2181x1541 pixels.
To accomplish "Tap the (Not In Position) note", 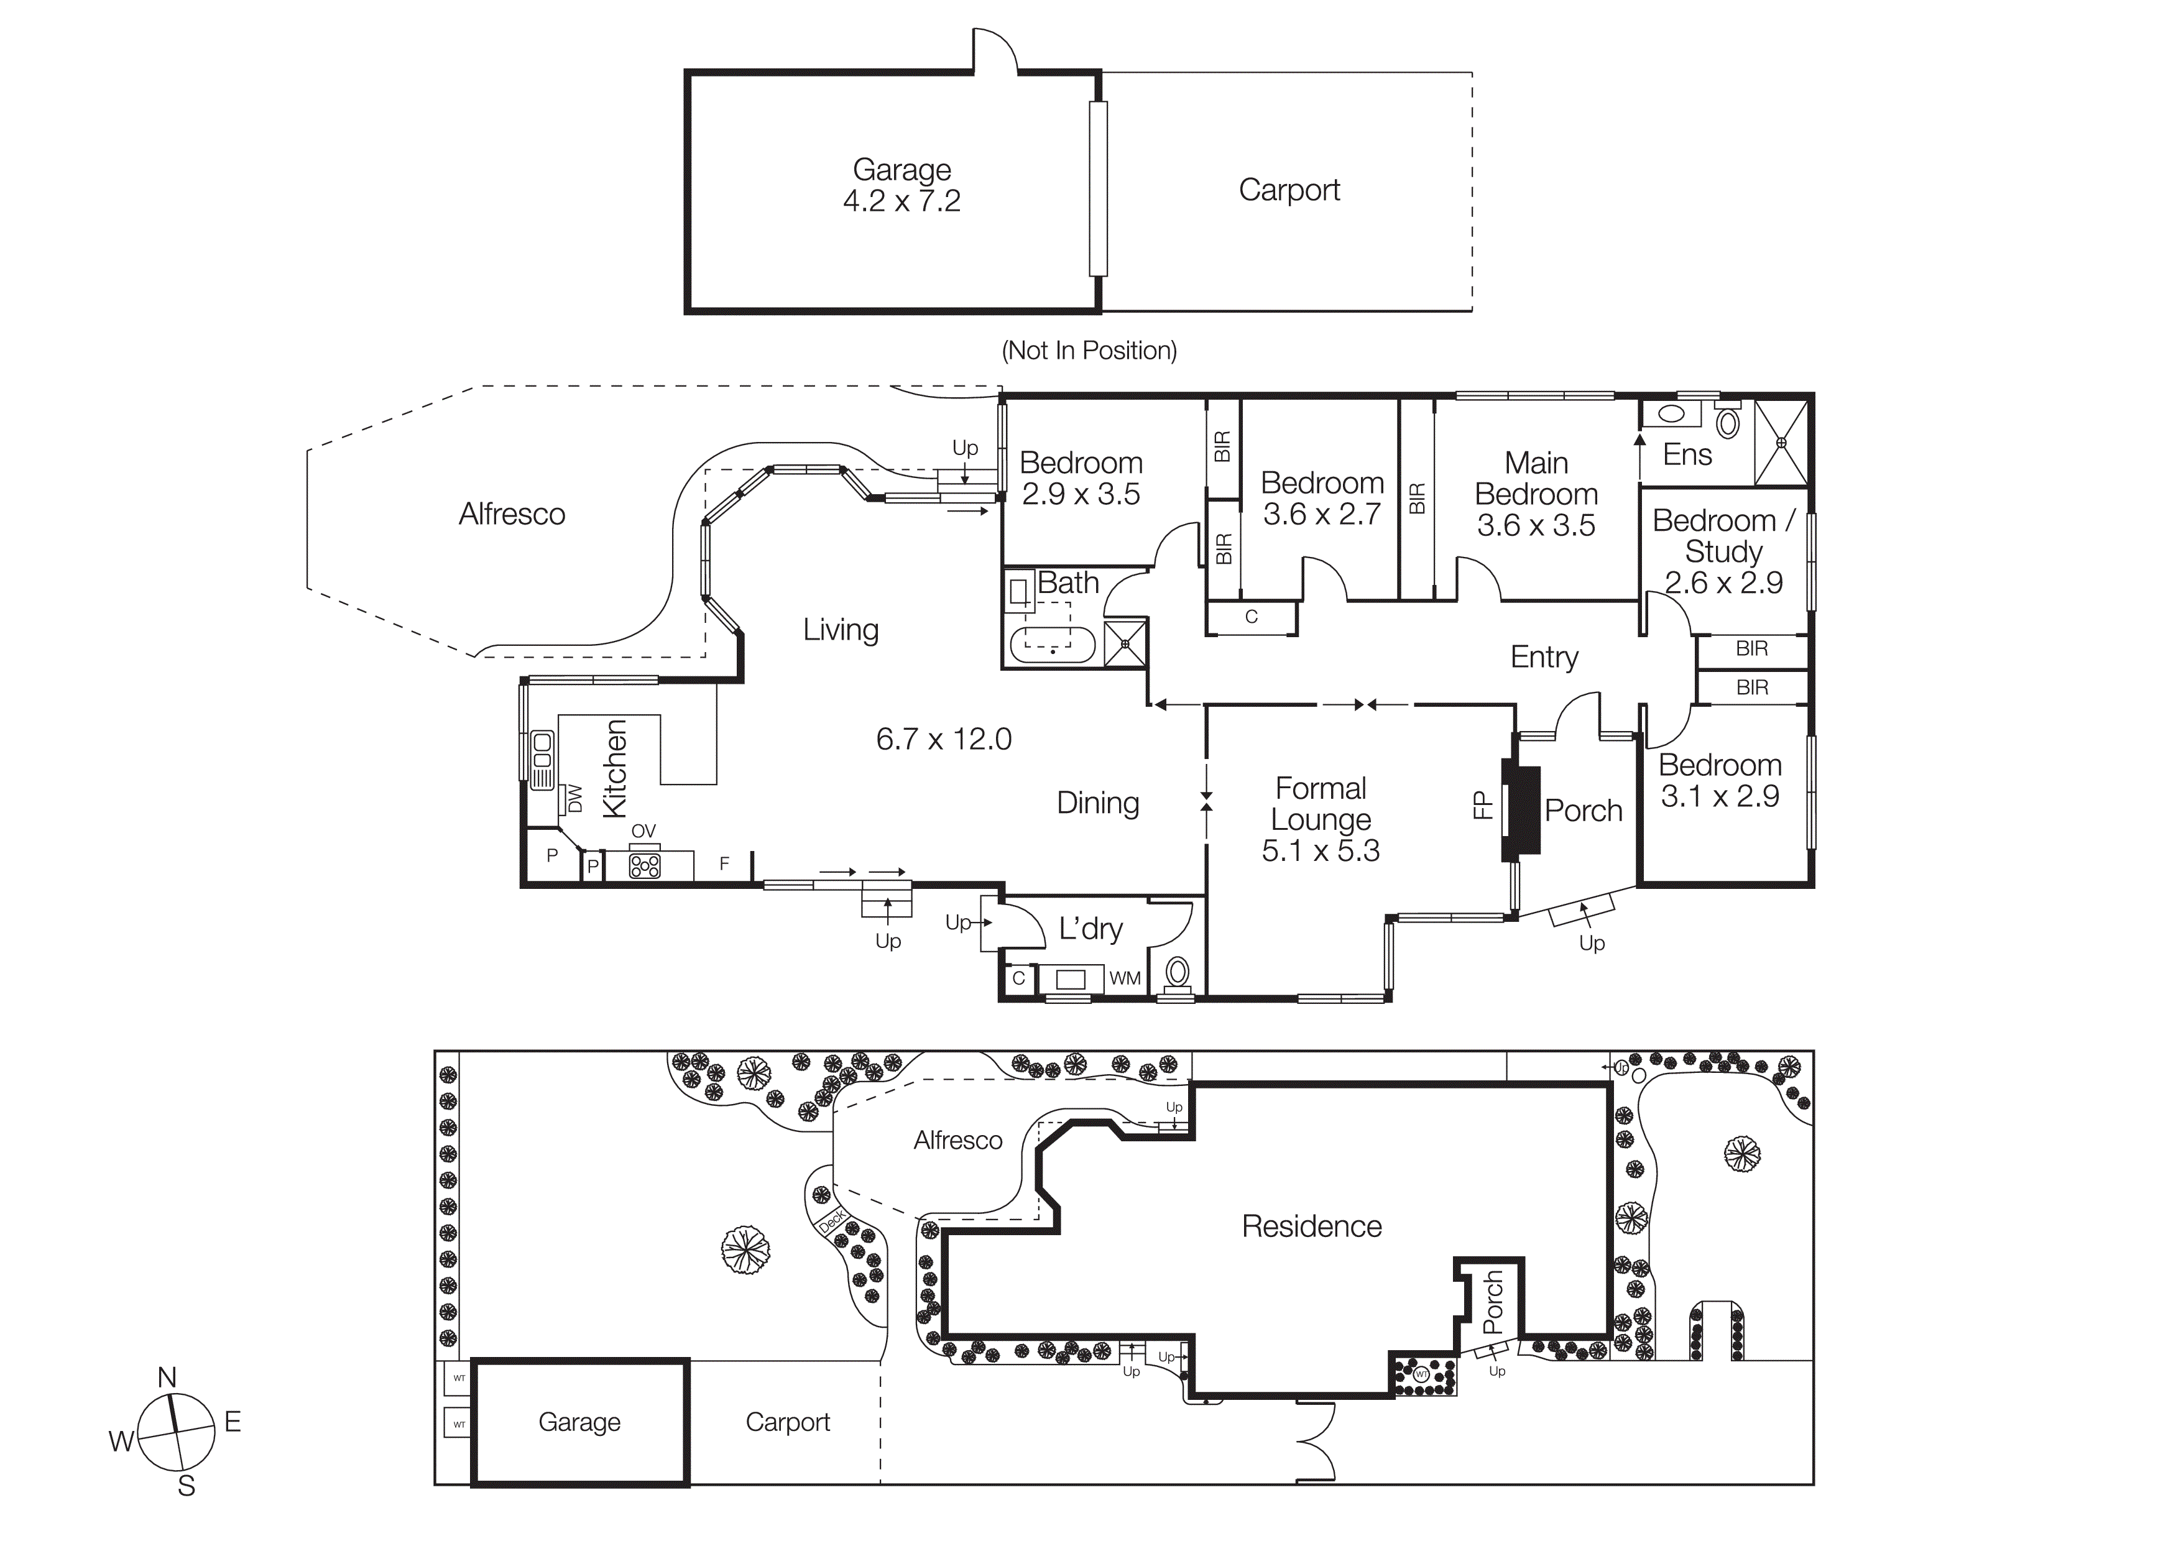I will [1089, 351].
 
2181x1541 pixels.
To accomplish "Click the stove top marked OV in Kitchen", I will [645, 865].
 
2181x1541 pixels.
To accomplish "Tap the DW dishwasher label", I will [574, 799].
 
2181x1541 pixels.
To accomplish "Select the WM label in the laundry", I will [1125, 978].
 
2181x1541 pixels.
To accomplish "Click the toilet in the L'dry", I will [1177, 972].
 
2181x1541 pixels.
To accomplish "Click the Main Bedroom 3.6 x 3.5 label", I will [1536, 494].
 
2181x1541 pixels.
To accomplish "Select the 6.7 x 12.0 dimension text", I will [943, 738].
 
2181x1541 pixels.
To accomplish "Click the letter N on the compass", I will [167, 1377].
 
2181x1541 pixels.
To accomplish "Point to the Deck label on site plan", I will [831, 1220].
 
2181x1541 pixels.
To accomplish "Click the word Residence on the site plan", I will [1311, 1226].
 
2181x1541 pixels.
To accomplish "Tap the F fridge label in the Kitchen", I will [724, 863].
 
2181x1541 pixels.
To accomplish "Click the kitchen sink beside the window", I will [542, 760].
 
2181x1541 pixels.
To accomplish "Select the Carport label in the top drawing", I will [1288, 190].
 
